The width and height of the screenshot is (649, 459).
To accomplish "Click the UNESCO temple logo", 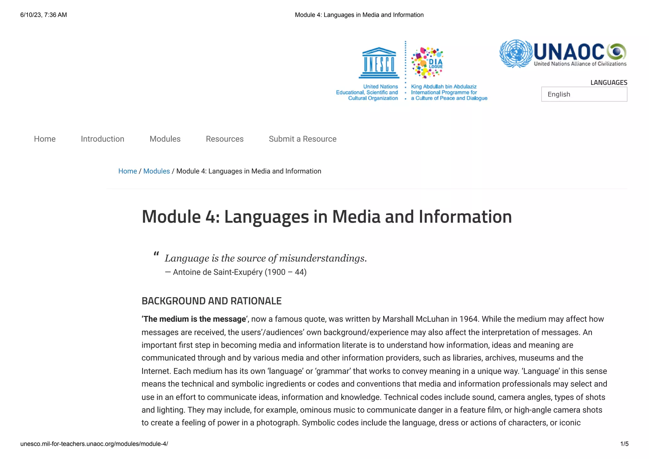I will click(x=379, y=63).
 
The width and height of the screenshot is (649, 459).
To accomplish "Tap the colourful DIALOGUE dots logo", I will click(x=427, y=62).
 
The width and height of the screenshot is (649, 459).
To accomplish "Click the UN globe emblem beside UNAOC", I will click(x=516, y=53).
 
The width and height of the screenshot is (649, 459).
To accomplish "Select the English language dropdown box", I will click(x=584, y=94).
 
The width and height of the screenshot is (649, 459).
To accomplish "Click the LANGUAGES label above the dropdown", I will click(x=608, y=82).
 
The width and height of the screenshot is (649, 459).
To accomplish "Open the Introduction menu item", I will click(x=102, y=139).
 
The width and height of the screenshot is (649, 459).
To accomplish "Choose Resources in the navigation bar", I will click(x=224, y=139).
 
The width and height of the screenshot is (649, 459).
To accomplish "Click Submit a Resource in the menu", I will click(x=302, y=139).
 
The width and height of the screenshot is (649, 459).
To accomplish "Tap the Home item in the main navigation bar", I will click(x=45, y=139).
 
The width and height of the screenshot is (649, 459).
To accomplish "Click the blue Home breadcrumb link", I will click(x=127, y=171).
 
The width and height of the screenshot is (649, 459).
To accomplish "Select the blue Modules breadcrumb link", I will click(x=157, y=171).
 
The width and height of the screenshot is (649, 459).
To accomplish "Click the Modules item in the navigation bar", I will click(x=165, y=139).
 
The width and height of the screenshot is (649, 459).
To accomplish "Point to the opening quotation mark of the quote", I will click(x=156, y=254).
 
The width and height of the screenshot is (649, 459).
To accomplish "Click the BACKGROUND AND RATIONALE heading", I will click(x=211, y=301).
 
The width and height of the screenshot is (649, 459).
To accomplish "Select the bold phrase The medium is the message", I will click(x=194, y=319).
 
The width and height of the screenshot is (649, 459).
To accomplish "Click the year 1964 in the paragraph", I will click(x=468, y=319).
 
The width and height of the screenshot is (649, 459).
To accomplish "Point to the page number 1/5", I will click(x=624, y=444).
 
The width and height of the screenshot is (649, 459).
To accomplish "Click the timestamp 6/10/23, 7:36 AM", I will click(x=43, y=15).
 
